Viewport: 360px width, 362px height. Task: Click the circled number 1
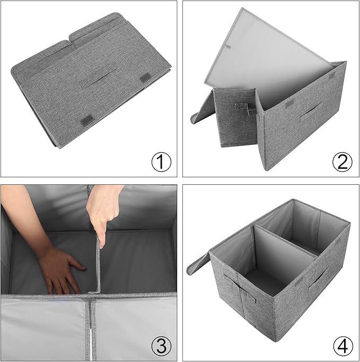[x=161, y=162]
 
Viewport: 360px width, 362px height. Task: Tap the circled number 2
[x=343, y=162]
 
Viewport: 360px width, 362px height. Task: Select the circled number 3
[x=161, y=346]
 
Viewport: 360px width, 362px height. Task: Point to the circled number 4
[x=343, y=346]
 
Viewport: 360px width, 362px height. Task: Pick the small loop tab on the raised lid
[x=227, y=47]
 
